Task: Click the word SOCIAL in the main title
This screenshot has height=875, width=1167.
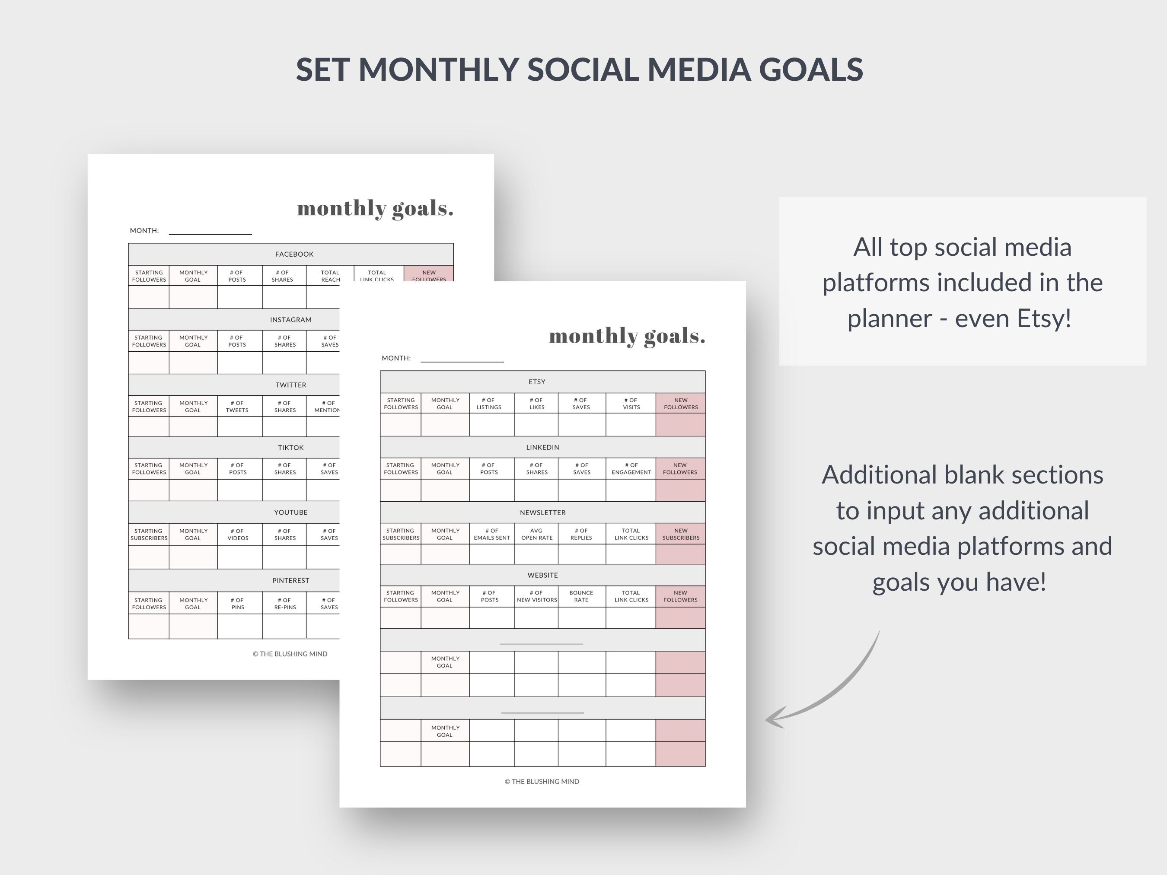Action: point(583,70)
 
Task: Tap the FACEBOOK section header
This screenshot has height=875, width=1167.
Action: point(294,254)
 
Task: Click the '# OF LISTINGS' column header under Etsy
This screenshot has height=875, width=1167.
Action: point(489,404)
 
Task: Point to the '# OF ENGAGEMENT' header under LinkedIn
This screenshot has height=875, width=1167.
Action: point(631,469)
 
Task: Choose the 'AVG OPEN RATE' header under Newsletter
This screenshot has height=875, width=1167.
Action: point(536,534)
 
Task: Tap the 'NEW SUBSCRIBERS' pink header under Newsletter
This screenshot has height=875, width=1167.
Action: point(681,534)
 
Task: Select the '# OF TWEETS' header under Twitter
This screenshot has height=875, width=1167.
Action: point(237,407)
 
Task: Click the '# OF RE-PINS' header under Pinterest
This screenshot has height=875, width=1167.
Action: point(285,604)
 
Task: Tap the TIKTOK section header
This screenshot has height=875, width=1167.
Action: point(291,448)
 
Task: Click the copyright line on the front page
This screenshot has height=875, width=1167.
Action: point(542,782)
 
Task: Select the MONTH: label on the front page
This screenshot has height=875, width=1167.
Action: point(395,358)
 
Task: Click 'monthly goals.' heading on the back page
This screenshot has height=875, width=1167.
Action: point(375,209)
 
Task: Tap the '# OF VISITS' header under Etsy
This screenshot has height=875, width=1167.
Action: point(631,404)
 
